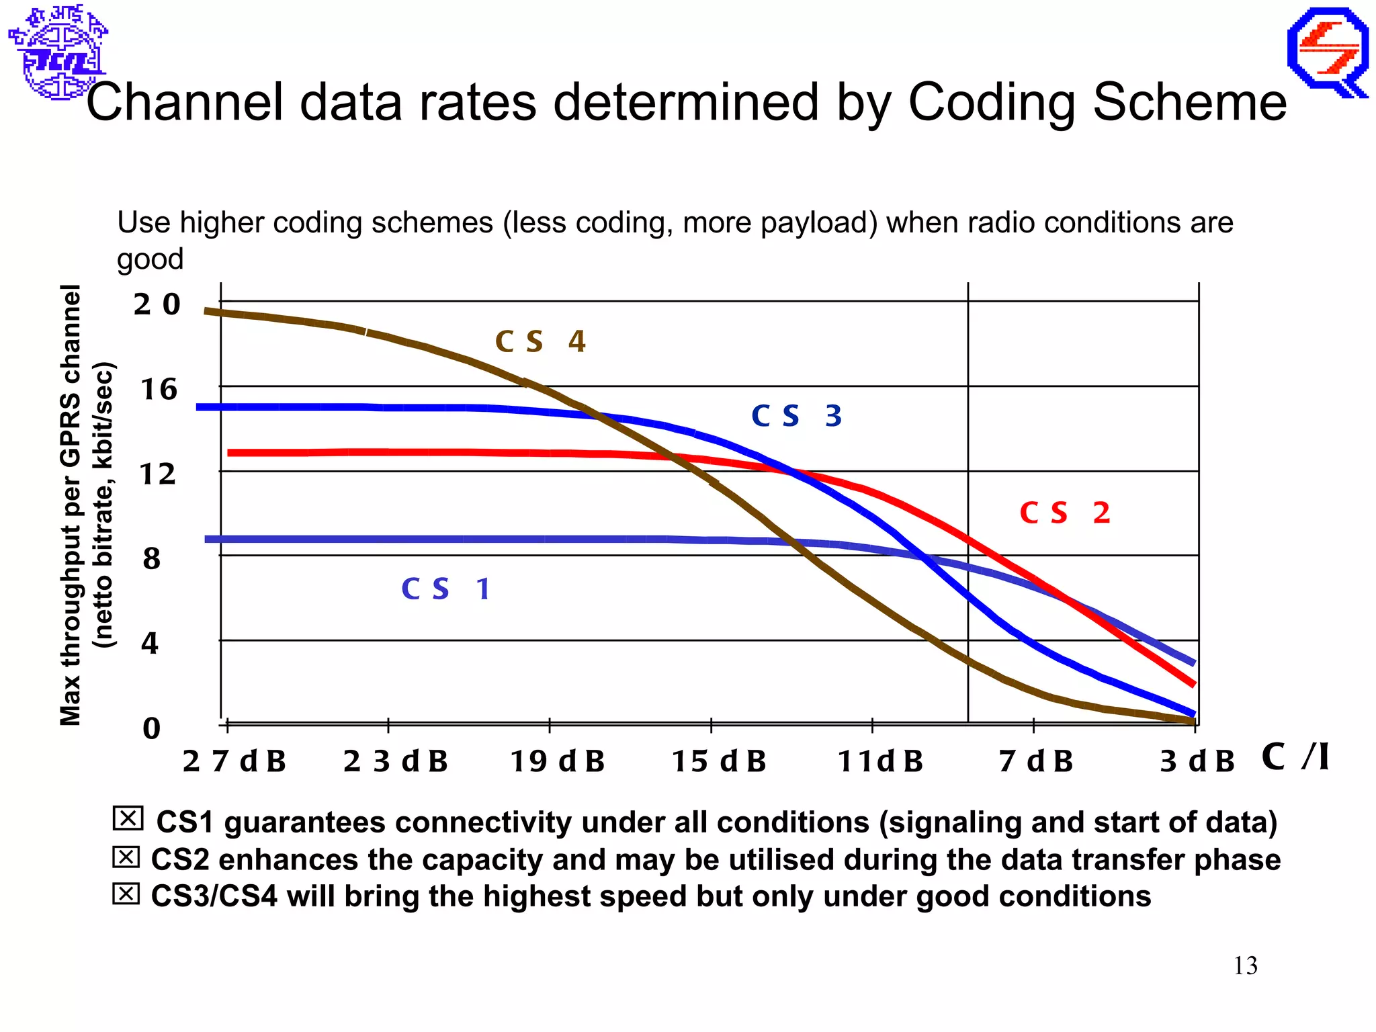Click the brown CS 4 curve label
540,341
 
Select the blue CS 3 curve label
796,416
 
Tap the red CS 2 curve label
1064,513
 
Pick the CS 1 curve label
445,589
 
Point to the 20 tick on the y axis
157,304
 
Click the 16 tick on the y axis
159,390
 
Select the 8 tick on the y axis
152,558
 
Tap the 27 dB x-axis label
234,761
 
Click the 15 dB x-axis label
719,761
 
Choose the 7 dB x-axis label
1035,761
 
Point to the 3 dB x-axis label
1197,761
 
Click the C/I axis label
1295,757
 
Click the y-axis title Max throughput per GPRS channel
71,504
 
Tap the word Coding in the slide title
992,102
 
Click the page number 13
1245,965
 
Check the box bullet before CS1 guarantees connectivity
128,818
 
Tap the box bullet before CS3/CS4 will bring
126,894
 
